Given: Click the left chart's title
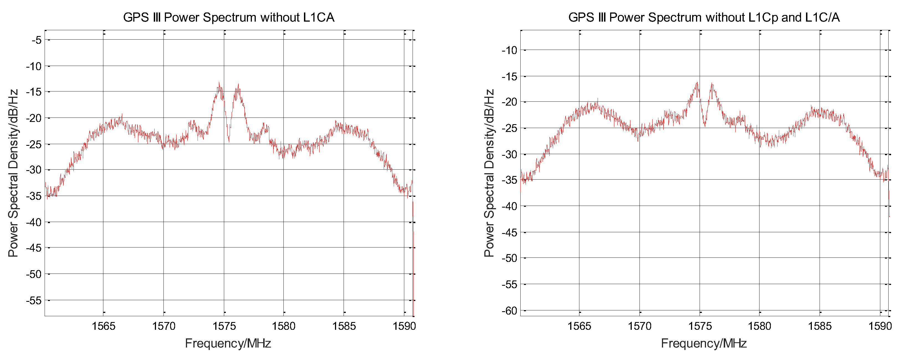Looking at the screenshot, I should [229, 17].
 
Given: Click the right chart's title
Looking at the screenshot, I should [704, 17].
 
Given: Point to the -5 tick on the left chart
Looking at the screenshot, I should [37, 40].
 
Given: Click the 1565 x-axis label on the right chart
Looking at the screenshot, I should [579, 326].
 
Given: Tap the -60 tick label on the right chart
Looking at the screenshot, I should [509, 311].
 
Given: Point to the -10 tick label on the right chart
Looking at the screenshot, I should [509, 50].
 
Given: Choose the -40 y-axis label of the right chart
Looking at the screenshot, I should [509, 206].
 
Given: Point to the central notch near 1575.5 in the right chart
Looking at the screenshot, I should [705, 124].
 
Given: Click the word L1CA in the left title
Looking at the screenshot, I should [318, 17].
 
